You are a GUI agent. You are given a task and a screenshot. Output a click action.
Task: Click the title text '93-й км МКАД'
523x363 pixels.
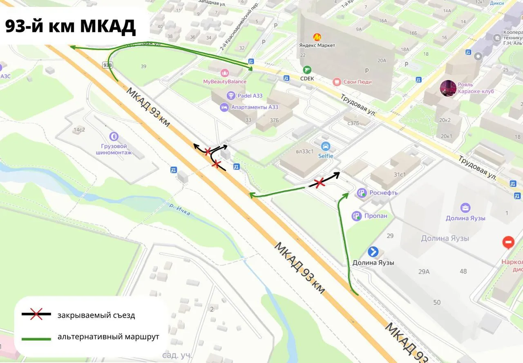(70, 27)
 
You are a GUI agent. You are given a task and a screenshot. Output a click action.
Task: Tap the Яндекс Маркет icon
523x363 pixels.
(317, 37)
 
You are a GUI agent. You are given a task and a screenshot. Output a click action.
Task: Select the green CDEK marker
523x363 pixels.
(307, 70)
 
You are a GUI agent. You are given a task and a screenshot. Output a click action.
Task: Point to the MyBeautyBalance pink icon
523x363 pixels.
(225, 73)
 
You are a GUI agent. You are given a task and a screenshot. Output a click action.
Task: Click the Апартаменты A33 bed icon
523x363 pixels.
(224, 107)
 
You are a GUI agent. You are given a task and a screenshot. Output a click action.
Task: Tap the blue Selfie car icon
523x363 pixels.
(326, 146)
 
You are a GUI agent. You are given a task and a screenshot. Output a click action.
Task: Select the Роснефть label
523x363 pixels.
(383, 193)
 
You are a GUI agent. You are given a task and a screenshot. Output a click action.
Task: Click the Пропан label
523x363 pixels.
(376, 216)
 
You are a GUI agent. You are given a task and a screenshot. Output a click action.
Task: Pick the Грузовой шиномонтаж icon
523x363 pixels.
(114, 136)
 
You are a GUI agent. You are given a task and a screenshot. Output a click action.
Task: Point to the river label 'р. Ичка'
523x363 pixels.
(180, 208)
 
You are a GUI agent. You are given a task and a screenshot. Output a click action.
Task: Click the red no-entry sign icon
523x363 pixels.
(509, 243)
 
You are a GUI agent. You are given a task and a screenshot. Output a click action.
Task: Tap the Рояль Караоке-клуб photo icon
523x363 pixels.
(448, 88)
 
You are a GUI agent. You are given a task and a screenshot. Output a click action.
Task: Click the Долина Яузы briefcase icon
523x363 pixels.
(465, 208)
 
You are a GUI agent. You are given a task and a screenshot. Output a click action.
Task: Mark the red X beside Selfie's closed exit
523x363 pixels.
(319, 183)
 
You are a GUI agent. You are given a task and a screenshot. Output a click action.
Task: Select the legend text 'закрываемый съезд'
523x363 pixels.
(96, 315)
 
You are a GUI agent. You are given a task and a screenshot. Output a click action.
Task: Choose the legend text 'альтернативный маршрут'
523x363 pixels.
(108, 337)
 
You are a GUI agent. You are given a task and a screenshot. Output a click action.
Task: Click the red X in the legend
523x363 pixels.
(36, 314)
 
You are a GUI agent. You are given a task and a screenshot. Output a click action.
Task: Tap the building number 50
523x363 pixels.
(437, 302)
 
